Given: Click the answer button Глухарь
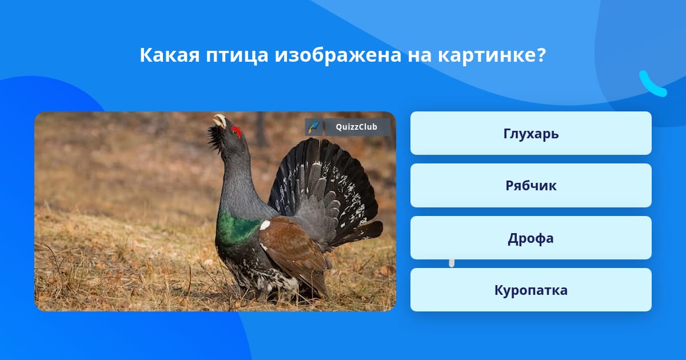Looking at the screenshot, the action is [531, 133].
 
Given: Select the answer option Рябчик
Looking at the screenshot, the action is [531, 186].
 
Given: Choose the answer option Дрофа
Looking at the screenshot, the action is [531, 238].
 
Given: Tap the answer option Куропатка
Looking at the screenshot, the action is [531, 290].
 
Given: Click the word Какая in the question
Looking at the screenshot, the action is [170, 55].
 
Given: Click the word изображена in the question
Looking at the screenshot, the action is [338, 55].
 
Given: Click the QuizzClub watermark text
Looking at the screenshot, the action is [357, 127].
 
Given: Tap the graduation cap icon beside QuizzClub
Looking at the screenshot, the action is [314, 127].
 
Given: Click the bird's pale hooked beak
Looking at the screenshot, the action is [220, 121].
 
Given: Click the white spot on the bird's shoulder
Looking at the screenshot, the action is [265, 225].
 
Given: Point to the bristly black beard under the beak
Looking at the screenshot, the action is [215, 138].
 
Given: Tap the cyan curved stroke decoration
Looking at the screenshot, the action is [651, 85].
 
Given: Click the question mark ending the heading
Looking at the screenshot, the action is [541, 55].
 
